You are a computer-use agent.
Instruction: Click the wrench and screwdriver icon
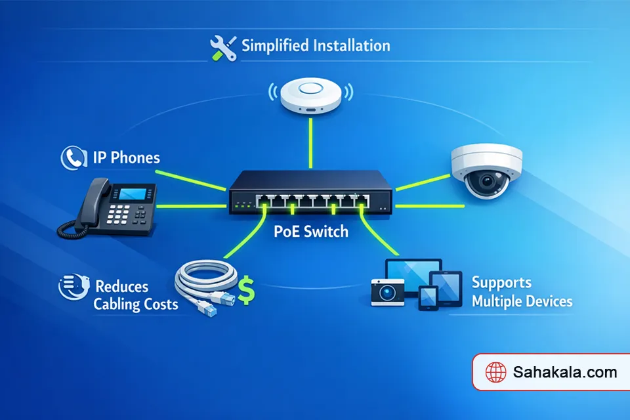tap(222, 47)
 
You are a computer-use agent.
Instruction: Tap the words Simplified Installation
tap(316, 46)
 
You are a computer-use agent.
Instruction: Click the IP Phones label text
tap(126, 158)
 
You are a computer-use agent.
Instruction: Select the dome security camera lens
tap(487, 180)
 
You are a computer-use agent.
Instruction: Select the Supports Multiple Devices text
tap(522, 293)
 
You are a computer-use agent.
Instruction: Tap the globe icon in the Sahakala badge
tap(495, 373)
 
